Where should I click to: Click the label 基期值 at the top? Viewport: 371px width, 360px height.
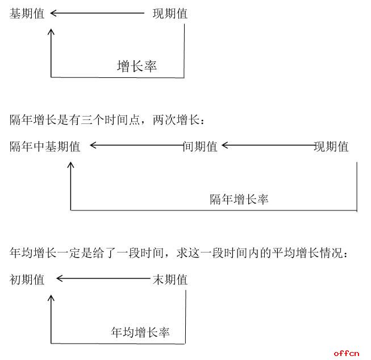[27, 13]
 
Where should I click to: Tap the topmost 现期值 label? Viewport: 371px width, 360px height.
[170, 13]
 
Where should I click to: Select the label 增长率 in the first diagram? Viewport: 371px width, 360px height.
[137, 66]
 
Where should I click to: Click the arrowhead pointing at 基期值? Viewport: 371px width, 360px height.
[53, 13]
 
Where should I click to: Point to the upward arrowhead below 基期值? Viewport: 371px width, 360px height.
[51, 32]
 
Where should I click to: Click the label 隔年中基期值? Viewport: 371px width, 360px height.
[45, 146]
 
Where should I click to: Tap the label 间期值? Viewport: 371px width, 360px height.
[200, 146]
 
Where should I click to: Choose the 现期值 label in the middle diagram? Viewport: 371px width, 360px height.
[331, 146]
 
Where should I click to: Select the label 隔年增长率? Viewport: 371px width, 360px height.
[239, 199]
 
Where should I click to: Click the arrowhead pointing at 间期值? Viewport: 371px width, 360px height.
[225, 145]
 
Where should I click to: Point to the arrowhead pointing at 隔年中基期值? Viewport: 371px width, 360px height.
[93, 145]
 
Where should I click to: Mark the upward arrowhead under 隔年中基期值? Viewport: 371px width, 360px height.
[70, 165]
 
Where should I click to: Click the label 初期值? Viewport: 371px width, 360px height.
[27, 280]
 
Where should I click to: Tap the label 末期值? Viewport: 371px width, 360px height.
[170, 280]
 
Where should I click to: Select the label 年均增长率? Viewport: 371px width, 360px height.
[140, 332]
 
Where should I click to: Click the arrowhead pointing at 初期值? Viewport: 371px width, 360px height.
[60, 278]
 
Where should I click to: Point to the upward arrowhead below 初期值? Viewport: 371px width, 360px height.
[51, 298]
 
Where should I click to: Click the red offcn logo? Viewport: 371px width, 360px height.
[347, 353]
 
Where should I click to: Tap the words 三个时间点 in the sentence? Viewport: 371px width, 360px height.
[111, 120]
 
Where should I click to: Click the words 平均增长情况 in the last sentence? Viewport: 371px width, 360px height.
[307, 253]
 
